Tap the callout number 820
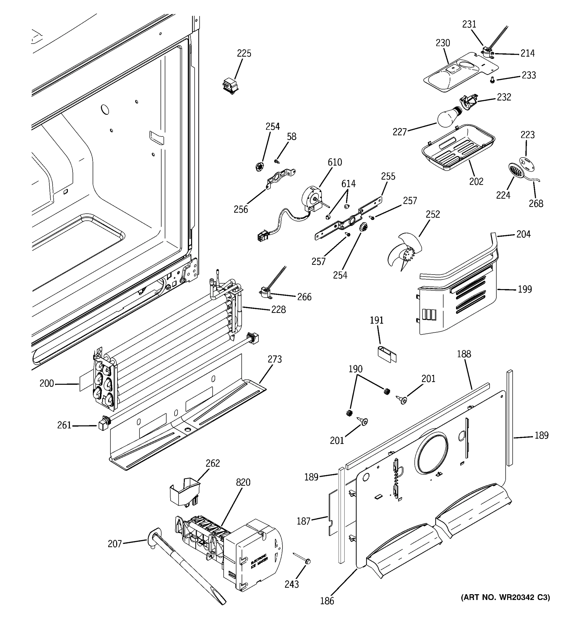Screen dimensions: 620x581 pyautogui.click(x=243, y=483)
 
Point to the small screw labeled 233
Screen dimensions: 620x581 pyautogui.click(x=492, y=80)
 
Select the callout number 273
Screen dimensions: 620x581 pyautogui.click(x=274, y=359)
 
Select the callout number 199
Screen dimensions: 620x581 pyautogui.click(x=525, y=289)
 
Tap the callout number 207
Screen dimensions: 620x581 pyautogui.click(x=114, y=544)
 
